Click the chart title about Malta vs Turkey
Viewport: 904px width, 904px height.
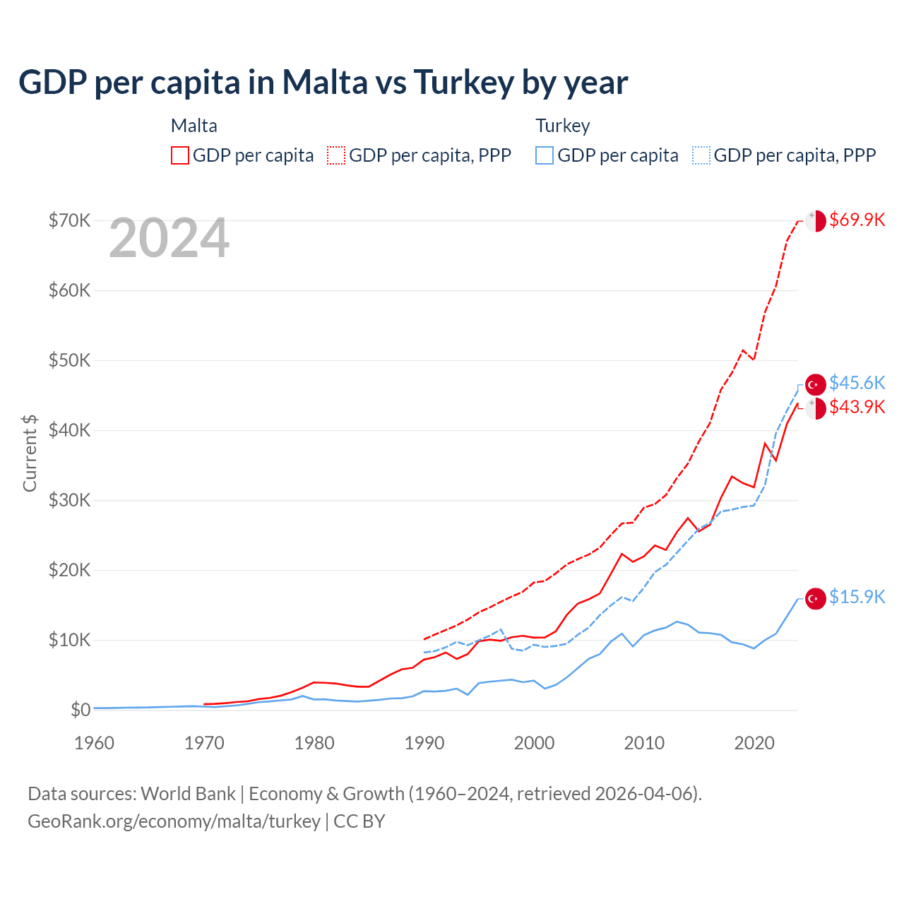(323, 83)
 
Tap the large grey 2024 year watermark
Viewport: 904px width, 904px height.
(169, 239)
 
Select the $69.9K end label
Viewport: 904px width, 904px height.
(857, 220)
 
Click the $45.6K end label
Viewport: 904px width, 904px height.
(857, 383)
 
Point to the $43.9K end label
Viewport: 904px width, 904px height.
(857, 407)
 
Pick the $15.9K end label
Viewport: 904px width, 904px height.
(857, 597)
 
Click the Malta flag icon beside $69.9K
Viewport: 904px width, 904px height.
(816, 220)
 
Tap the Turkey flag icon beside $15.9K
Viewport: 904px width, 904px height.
(816, 598)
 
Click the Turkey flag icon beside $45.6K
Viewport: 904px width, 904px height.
(816, 384)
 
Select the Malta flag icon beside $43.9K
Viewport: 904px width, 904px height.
(816, 408)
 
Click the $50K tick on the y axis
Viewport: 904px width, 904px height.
(69, 360)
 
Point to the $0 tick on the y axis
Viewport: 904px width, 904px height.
(81, 710)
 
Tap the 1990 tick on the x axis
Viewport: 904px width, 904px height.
(424, 743)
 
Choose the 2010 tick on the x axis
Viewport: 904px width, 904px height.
(644, 743)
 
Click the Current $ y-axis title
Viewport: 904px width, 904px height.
(30, 453)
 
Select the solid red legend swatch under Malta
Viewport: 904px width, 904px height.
(180, 155)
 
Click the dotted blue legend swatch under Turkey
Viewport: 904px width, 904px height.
(701, 155)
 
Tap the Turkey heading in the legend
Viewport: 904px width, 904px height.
(562, 126)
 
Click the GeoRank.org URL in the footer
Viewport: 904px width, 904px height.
(174, 821)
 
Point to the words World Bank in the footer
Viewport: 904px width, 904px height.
(188, 794)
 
